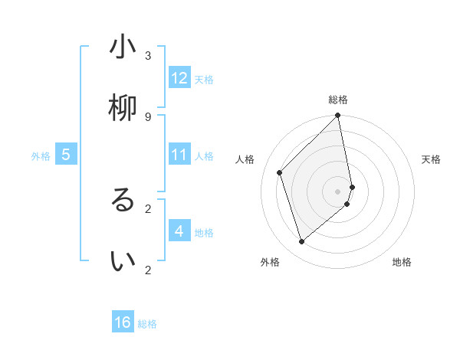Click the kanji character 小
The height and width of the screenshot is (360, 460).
[x=123, y=47]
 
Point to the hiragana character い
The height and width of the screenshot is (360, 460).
[x=123, y=261]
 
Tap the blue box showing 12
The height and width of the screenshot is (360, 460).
[x=179, y=78]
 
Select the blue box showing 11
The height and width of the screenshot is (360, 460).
[x=179, y=155]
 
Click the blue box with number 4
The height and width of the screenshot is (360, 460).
[x=179, y=231]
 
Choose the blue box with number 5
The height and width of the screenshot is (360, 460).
[x=66, y=155]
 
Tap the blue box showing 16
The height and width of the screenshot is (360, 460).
[x=123, y=322]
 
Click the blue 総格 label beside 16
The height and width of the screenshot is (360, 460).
[x=147, y=324]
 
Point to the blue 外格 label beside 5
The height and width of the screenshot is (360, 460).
[x=41, y=156]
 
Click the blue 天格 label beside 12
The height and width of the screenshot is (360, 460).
[x=204, y=80]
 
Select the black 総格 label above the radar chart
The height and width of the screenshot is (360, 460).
[x=338, y=100]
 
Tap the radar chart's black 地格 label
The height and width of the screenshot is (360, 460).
[x=402, y=262]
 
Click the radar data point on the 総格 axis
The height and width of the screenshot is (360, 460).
[x=338, y=116]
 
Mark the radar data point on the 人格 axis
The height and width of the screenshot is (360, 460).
[x=280, y=172]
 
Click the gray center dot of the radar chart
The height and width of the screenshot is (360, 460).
[x=338, y=191]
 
